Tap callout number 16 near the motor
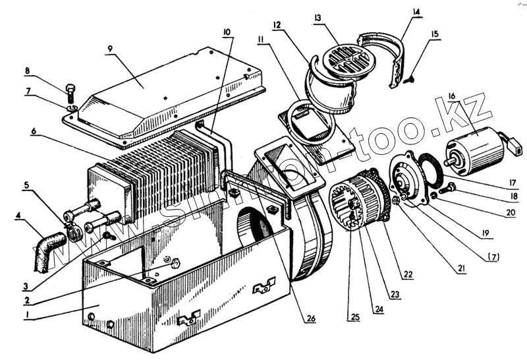pos(451,96)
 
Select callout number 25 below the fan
pos(355,316)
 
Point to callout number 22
pos(408,274)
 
